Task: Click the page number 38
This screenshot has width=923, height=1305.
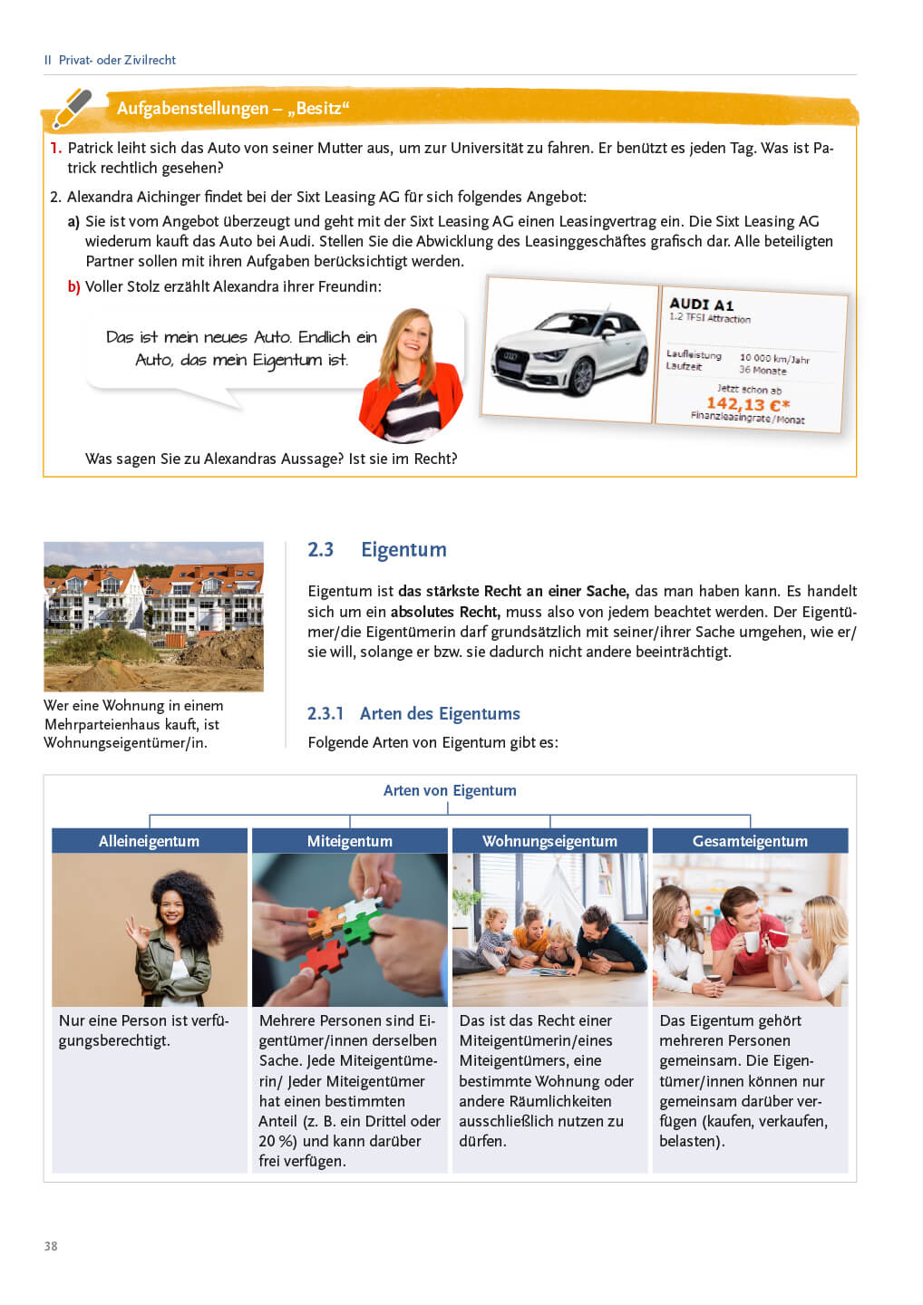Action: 51,1246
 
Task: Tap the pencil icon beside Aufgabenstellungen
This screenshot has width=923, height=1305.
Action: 72,109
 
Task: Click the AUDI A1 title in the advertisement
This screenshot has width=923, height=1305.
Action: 701,304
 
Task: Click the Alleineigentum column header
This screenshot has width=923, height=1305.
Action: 149,841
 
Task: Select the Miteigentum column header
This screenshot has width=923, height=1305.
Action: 349,841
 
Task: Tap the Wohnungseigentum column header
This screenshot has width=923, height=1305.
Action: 549,841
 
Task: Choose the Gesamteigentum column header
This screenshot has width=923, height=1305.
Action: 750,841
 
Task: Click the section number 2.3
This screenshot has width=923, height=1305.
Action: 320,549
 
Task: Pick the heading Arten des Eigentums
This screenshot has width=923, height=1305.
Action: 440,713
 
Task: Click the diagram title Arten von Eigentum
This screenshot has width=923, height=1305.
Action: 450,790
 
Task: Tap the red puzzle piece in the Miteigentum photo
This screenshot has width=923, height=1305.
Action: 325,956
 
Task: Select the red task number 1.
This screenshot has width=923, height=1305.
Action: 55,148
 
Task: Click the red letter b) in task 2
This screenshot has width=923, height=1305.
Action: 73,286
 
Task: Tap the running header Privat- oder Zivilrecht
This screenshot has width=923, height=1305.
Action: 117,60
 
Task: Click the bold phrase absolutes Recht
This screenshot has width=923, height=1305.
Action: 444,612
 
